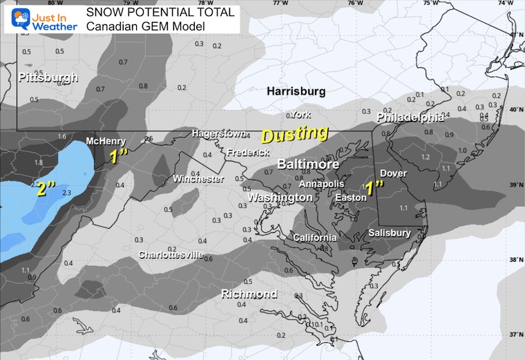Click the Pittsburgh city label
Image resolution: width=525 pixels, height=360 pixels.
tap(48, 77)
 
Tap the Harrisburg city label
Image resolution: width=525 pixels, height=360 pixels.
tap(296, 91)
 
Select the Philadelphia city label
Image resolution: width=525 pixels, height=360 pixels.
tap(410, 118)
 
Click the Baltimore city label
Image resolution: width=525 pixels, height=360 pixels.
tap(308, 164)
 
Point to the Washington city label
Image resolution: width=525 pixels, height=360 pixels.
tap(280, 198)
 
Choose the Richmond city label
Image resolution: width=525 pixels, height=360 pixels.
tap(249, 294)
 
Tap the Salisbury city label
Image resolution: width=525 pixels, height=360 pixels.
tap(390, 233)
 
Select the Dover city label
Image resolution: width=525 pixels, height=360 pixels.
tap(393, 173)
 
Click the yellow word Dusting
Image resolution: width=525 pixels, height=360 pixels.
tap(294, 132)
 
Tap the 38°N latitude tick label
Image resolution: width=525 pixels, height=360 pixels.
tap(515, 260)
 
